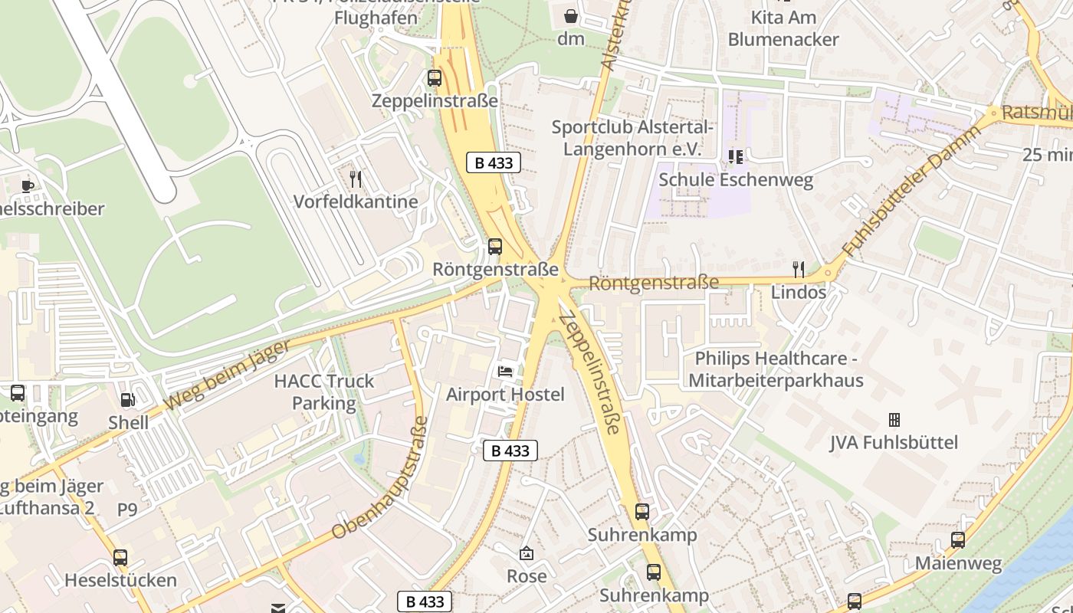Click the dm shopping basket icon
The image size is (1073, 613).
click(x=571, y=16)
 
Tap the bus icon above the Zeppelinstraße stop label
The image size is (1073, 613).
click(x=435, y=77)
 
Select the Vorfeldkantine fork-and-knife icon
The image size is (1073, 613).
click(x=356, y=179)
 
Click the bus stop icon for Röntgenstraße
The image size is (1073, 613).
click(x=495, y=247)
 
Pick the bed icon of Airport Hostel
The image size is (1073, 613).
click(x=505, y=372)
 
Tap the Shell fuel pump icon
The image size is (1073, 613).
click(x=128, y=399)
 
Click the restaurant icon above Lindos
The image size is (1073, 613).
click(x=799, y=269)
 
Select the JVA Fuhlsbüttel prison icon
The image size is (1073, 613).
click(x=894, y=420)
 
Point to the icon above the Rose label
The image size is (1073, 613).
click(x=527, y=553)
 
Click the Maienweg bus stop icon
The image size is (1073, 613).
click(x=958, y=540)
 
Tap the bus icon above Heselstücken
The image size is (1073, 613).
click(x=120, y=557)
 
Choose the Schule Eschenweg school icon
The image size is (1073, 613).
click(x=736, y=157)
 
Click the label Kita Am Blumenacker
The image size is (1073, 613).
click(x=783, y=28)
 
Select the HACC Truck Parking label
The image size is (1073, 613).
click(x=324, y=392)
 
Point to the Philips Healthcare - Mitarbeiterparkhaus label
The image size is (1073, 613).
click(x=776, y=369)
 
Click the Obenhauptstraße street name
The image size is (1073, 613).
click(x=380, y=479)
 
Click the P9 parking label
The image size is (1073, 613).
click(x=127, y=510)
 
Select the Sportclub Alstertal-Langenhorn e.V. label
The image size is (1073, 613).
click(x=632, y=138)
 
